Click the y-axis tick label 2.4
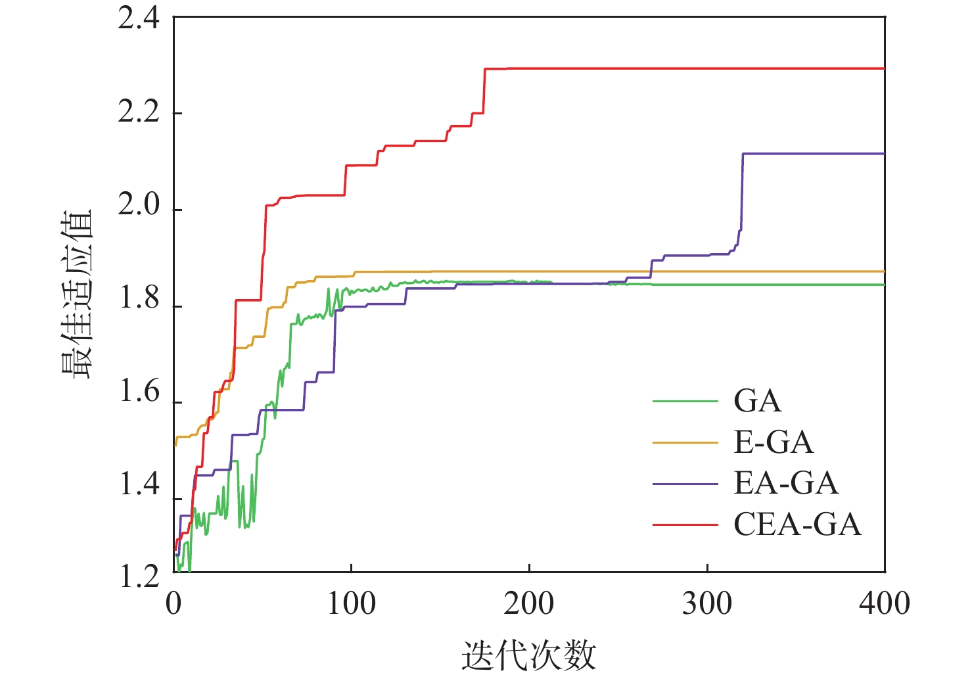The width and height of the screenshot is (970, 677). coord(139,18)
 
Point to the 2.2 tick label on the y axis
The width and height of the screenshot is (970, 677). coord(139,112)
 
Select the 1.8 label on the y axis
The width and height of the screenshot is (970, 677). coord(139,299)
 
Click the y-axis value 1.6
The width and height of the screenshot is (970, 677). coord(139,392)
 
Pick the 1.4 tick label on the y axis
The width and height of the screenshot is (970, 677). coord(139,485)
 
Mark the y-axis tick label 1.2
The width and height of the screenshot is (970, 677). coord(139,576)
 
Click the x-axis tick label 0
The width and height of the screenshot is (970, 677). coord(173,604)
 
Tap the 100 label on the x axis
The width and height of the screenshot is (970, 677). coord(352,604)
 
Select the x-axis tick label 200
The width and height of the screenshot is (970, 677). coord(529,604)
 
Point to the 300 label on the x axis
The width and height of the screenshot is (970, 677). coord(707,604)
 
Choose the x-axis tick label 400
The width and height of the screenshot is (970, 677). coord(885,604)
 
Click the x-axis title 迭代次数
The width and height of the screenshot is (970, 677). coord(529,655)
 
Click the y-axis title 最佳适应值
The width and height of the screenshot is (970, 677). coord(78,294)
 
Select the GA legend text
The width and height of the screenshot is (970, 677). coord(758,401)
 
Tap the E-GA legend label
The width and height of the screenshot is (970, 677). coord(774,442)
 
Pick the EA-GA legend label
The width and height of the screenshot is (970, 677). coord(786,484)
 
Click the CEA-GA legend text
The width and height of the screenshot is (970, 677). coord(797,525)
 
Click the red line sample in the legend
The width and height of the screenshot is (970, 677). coord(685,525)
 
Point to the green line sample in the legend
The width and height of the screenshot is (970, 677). coord(685,401)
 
